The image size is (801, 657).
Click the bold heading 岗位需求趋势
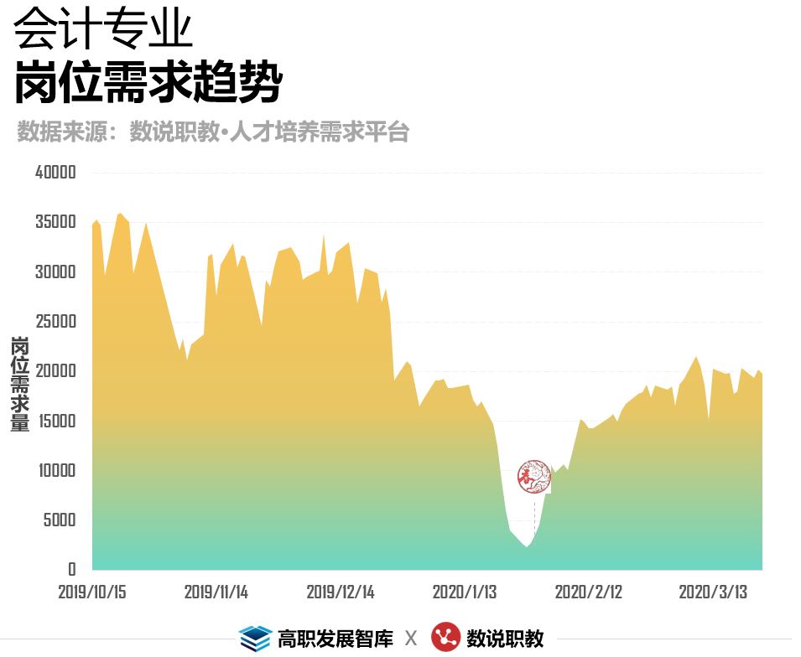click(148, 81)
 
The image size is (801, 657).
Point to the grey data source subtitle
click(213, 132)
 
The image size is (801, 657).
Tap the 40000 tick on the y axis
click(56, 173)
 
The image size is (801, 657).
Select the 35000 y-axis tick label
click(56, 222)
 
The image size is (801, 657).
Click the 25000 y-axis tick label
click(56, 322)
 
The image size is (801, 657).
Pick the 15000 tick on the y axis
click(56, 421)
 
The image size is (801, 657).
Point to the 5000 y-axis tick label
click(60, 520)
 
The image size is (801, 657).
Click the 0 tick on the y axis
click(72, 569)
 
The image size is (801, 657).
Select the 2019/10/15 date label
click(92, 592)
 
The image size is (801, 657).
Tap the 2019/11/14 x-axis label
click(216, 592)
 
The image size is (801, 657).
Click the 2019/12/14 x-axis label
click(340, 592)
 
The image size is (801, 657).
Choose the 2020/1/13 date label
click(464, 592)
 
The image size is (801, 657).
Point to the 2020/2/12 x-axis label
click(588, 592)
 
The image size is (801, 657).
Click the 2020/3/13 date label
click(712, 592)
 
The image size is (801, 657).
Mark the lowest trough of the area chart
click(527, 546)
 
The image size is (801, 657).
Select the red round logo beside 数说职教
click(445, 638)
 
